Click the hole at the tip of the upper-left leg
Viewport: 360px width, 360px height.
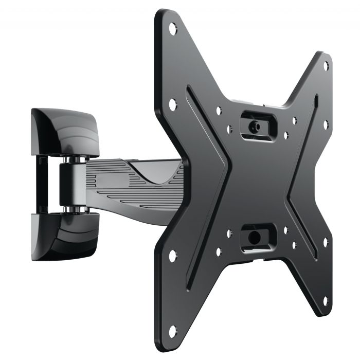[173, 28]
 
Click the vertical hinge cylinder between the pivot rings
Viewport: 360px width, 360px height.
[69, 185]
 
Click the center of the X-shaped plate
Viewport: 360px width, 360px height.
[255, 180]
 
